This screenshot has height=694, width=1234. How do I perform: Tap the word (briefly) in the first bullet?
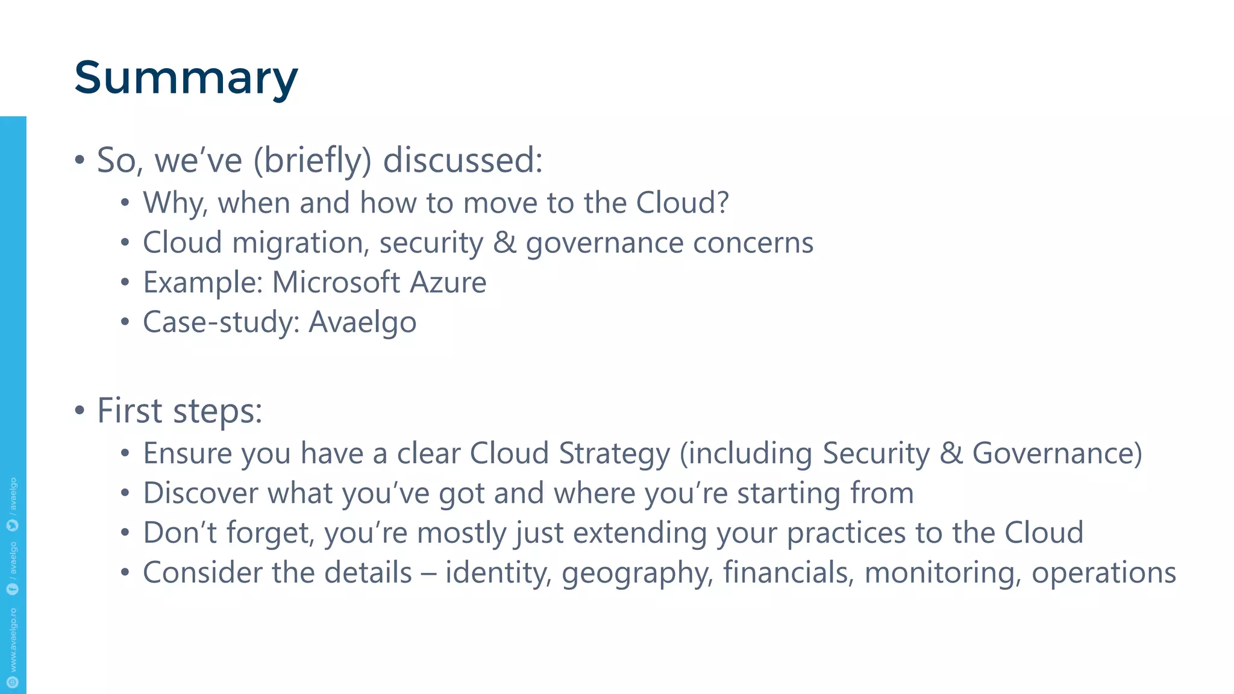(312, 161)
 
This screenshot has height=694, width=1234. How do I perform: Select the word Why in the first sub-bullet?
(175, 203)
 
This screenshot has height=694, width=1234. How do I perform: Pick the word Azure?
(448, 283)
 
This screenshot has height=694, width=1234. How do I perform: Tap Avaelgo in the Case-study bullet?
(362, 322)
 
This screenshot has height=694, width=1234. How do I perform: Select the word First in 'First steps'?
(130, 411)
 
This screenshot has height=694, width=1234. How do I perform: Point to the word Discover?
(200, 493)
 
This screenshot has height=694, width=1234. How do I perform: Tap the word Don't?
(180, 533)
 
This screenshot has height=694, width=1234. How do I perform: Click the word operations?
(1104, 573)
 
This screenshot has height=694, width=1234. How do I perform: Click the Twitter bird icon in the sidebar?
(13, 525)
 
